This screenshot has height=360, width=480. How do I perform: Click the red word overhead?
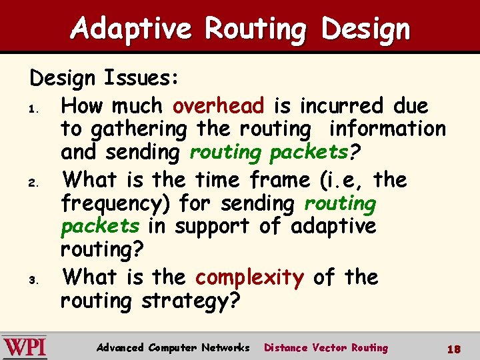point(218,105)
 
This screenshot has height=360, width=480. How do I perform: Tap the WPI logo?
point(24,347)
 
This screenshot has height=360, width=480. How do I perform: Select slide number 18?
point(454,348)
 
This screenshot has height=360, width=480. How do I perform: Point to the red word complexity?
point(250,277)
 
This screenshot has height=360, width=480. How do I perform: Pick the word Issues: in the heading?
point(141,79)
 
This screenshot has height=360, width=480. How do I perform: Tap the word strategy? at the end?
point(191,301)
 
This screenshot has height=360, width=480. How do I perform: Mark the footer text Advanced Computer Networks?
point(173,348)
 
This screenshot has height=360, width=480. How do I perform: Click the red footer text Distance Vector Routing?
point(325,348)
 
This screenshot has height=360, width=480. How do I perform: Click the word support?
point(212,227)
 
